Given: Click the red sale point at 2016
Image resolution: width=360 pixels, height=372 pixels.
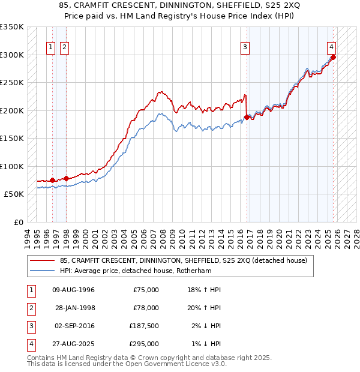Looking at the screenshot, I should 247,117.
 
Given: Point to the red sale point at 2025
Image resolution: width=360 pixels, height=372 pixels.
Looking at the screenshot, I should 333,58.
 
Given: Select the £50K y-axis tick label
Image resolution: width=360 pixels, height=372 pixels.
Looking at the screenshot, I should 13,194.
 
